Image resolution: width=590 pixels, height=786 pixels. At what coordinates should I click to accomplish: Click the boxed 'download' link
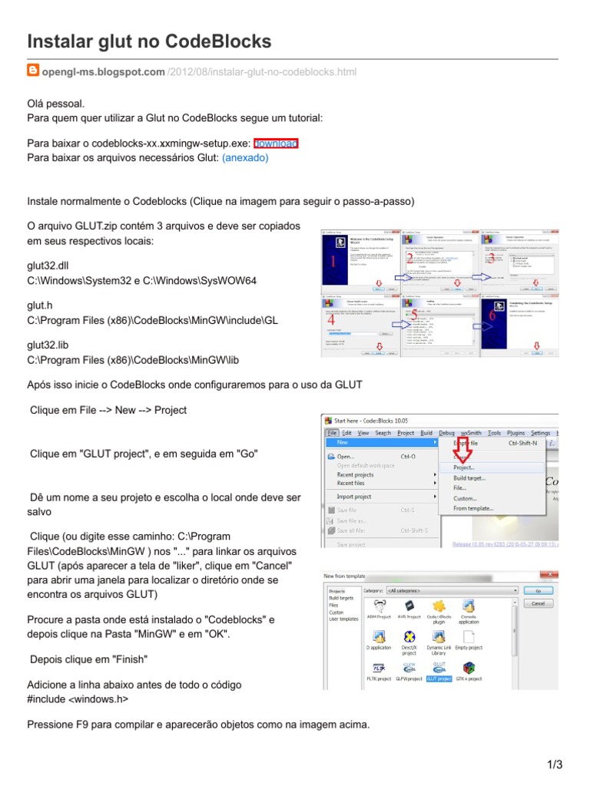pyautogui.click(x=276, y=144)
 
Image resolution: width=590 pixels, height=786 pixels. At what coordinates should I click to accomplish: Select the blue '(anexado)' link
pyautogui.click(x=245, y=158)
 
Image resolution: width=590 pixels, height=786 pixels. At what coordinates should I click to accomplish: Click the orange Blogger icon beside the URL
pyautogui.click(x=33, y=71)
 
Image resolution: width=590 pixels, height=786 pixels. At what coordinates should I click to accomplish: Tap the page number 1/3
pyautogui.click(x=555, y=765)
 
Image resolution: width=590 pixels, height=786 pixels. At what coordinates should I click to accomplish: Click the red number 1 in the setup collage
pyautogui.click(x=333, y=263)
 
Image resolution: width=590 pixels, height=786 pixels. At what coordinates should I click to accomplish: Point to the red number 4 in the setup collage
pyautogui.click(x=330, y=319)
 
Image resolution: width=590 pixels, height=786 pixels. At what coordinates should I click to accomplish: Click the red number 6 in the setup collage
pyautogui.click(x=492, y=315)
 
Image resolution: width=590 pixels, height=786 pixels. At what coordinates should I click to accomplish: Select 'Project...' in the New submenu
pyautogui.click(x=464, y=467)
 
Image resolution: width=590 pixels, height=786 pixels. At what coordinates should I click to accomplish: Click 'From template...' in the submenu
pyautogui.click(x=474, y=508)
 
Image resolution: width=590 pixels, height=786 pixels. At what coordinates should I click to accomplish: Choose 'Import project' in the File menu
pyautogui.click(x=355, y=497)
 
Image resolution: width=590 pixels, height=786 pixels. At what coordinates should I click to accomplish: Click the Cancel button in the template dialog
pyautogui.click(x=538, y=604)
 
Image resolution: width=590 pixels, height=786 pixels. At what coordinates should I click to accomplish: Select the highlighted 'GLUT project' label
pyautogui.click(x=439, y=679)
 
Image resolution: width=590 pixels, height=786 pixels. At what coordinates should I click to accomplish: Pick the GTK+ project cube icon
pyautogui.click(x=469, y=668)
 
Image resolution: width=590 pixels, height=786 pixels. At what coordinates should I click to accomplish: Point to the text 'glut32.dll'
pyautogui.click(x=48, y=266)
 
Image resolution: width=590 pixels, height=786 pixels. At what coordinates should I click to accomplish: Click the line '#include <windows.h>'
pyautogui.click(x=78, y=699)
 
